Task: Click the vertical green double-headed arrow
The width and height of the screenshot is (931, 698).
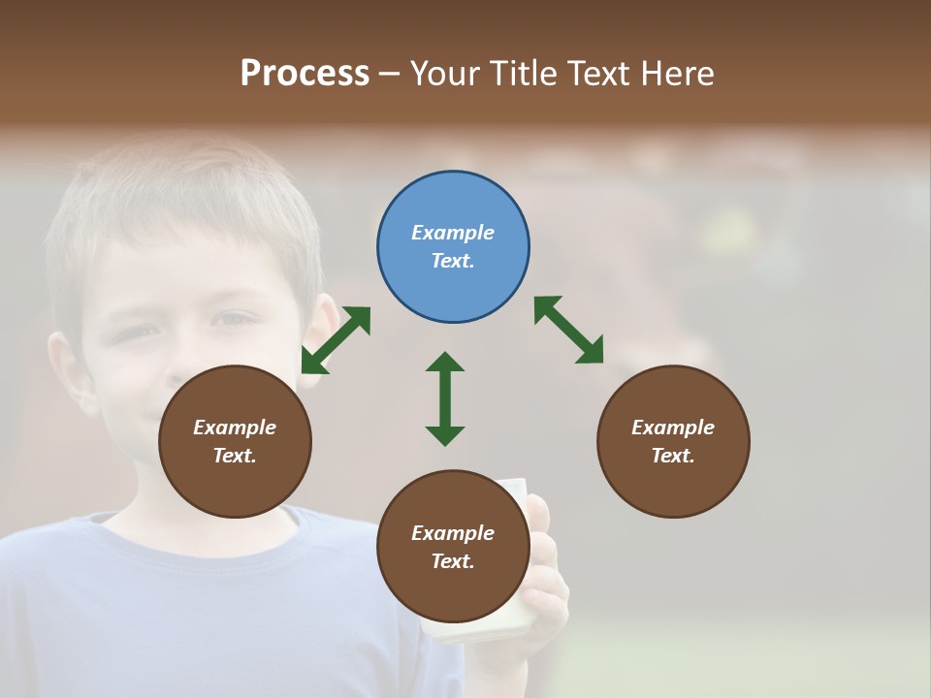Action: pos(445,398)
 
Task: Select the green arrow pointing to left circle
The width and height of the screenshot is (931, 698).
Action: pos(336,340)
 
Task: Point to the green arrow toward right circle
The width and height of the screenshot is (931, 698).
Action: pos(569,331)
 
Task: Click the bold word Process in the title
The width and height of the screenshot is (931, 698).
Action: pos(305,73)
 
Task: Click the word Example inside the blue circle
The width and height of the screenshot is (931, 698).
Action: pos(453,233)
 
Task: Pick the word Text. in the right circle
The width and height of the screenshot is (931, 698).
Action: pos(673,456)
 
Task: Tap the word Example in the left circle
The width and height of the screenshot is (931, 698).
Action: pos(235,428)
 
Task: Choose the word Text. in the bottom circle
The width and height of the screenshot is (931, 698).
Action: pos(453,561)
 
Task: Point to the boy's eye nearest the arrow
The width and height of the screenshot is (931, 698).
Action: pos(233,319)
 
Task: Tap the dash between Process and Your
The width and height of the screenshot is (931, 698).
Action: pos(390,74)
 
